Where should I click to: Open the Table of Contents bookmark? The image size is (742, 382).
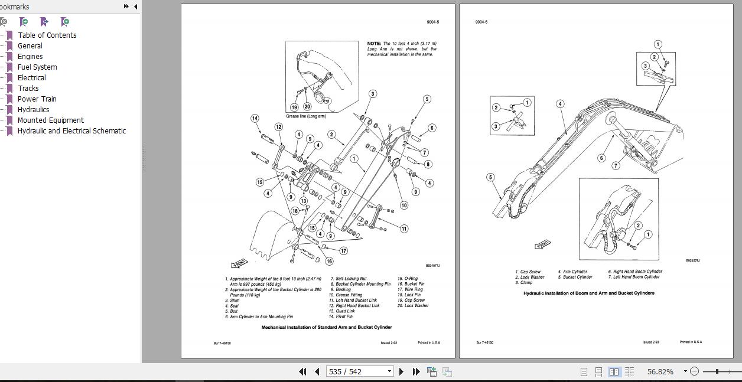pyautogui.click(x=47, y=35)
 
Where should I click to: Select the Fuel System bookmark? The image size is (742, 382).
pyautogui.click(x=37, y=67)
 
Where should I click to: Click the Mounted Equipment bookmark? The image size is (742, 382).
pyautogui.click(x=50, y=120)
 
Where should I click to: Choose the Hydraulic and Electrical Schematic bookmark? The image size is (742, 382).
pyautogui.click(x=71, y=130)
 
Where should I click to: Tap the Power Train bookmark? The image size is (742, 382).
pyautogui.click(x=37, y=99)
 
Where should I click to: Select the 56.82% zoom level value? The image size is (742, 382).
pyautogui.click(x=660, y=371)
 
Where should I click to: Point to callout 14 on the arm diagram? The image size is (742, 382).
pyautogui.click(x=255, y=118)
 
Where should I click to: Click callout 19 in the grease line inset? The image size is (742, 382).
pyautogui.click(x=294, y=107)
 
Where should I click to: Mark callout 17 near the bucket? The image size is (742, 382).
pyautogui.click(x=343, y=250)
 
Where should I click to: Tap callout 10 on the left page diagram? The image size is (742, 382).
pyautogui.click(x=403, y=205)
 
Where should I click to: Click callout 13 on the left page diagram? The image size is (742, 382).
pyautogui.click(x=303, y=201)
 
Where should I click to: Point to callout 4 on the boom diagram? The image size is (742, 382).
pyautogui.click(x=559, y=104)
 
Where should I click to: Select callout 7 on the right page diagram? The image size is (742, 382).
pyautogui.click(x=616, y=166)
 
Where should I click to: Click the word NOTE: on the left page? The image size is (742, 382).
pyautogui.click(x=374, y=44)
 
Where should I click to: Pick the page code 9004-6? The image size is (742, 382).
pyautogui.click(x=481, y=22)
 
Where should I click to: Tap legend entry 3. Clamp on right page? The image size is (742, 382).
pyautogui.click(x=523, y=282)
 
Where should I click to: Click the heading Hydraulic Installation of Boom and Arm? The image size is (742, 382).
pyautogui.click(x=588, y=293)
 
